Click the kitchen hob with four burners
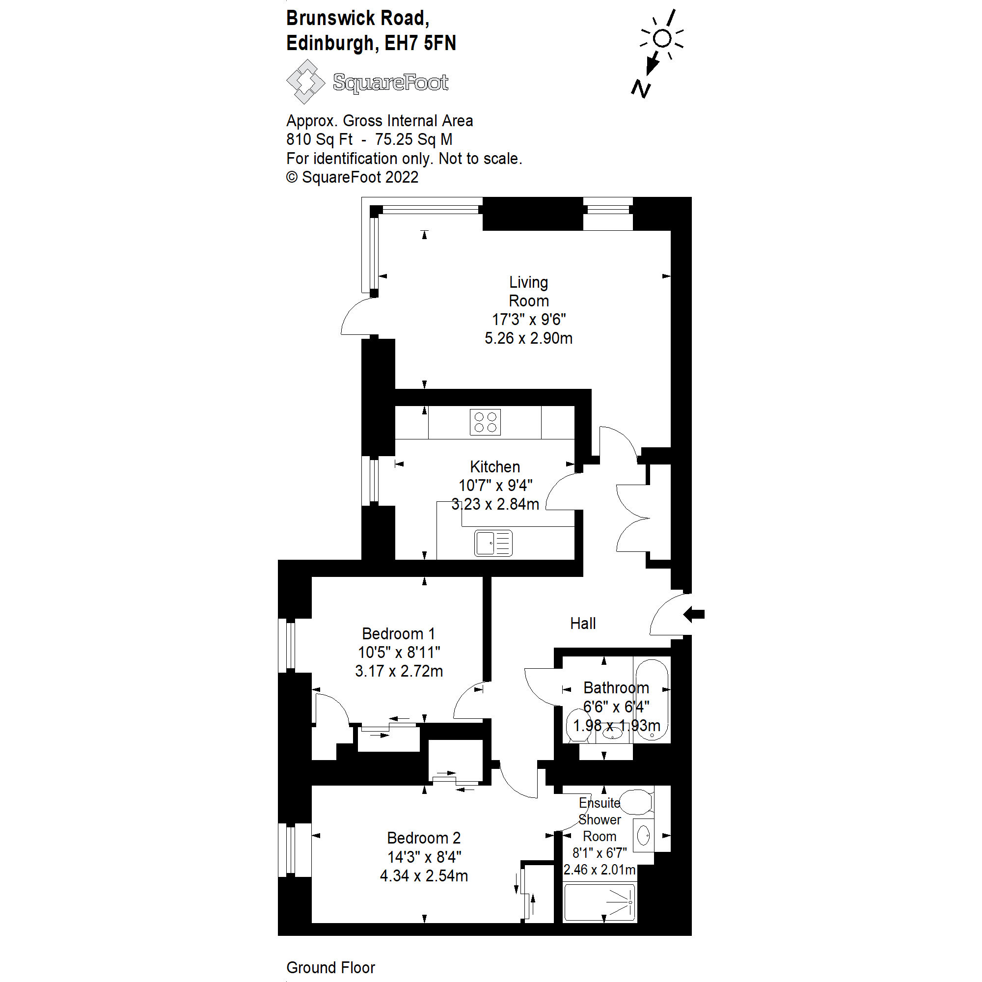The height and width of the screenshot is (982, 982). click(485, 422)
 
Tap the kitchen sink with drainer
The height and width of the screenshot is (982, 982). click(492, 543)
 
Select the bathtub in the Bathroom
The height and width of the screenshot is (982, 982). click(652, 699)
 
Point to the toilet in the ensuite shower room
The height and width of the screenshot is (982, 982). click(636, 803)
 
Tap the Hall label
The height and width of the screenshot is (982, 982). click(582, 624)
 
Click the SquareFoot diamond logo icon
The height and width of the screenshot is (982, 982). click(305, 82)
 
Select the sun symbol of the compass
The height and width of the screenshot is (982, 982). click(662, 38)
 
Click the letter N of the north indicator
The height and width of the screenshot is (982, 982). click(640, 89)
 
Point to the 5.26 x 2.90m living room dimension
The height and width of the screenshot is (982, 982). click(528, 338)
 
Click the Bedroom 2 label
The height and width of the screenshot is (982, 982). click(423, 838)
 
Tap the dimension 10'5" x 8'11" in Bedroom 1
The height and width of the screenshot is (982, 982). click(399, 652)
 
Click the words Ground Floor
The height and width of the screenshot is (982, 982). click(330, 967)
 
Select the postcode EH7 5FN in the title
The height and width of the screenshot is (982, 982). click(420, 43)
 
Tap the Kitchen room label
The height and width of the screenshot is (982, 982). click(494, 466)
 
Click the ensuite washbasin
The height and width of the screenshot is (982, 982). click(643, 835)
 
